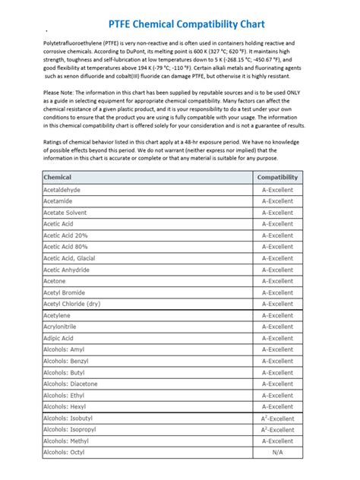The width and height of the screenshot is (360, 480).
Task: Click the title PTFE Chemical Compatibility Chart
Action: pyautogui.click(x=180, y=8)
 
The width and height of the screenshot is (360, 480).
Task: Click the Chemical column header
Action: pyautogui.click(x=58, y=177)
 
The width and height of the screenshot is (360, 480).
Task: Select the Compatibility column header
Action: pyautogui.click(x=277, y=177)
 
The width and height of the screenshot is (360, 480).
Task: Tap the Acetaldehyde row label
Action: pyautogui.click(x=62, y=189)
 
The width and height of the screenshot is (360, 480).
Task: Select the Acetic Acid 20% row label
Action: pyautogui.click(x=65, y=235)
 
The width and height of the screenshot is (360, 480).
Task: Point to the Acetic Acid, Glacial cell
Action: pyautogui.click(x=69, y=258)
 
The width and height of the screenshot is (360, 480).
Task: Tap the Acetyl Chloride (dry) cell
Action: pyautogui.click(x=71, y=304)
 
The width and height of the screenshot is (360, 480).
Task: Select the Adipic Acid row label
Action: pyautogui.click(x=58, y=338)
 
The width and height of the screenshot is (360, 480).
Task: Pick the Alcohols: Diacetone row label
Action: pyautogui.click(x=70, y=384)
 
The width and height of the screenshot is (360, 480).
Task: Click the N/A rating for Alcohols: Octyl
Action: pyautogui.click(x=277, y=453)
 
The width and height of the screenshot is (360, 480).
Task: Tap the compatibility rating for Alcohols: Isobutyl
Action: pyautogui.click(x=277, y=418)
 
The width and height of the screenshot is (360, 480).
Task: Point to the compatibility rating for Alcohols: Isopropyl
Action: pyautogui.click(x=277, y=429)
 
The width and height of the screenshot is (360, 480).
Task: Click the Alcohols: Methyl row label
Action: pyautogui.click(x=65, y=441)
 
